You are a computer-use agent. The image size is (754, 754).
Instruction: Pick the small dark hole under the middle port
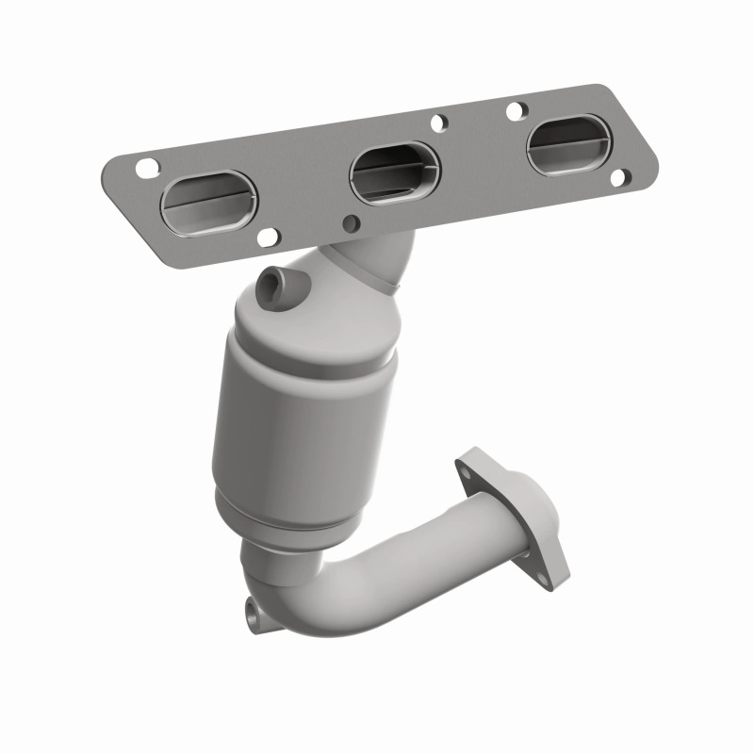[352, 223]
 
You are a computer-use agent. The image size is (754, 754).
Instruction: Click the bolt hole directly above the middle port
[437, 123]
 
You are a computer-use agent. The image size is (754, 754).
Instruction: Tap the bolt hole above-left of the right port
[515, 110]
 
